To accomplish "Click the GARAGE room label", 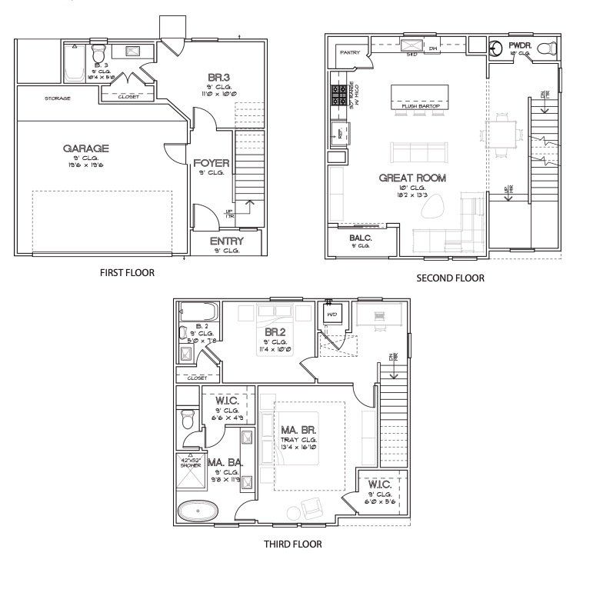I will point(85,148).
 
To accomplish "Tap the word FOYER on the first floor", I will point(211,163).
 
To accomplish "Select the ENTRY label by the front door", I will point(226,241).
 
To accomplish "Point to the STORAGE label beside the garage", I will point(58,98).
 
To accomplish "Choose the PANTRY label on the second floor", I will point(349,52).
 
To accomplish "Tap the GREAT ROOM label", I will point(412,178).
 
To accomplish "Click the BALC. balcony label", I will point(360,238).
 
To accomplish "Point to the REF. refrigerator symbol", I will point(337,133).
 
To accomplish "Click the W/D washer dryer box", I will point(332,315).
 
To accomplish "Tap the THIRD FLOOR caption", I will point(292,544).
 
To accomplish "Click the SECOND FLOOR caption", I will point(450,278).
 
